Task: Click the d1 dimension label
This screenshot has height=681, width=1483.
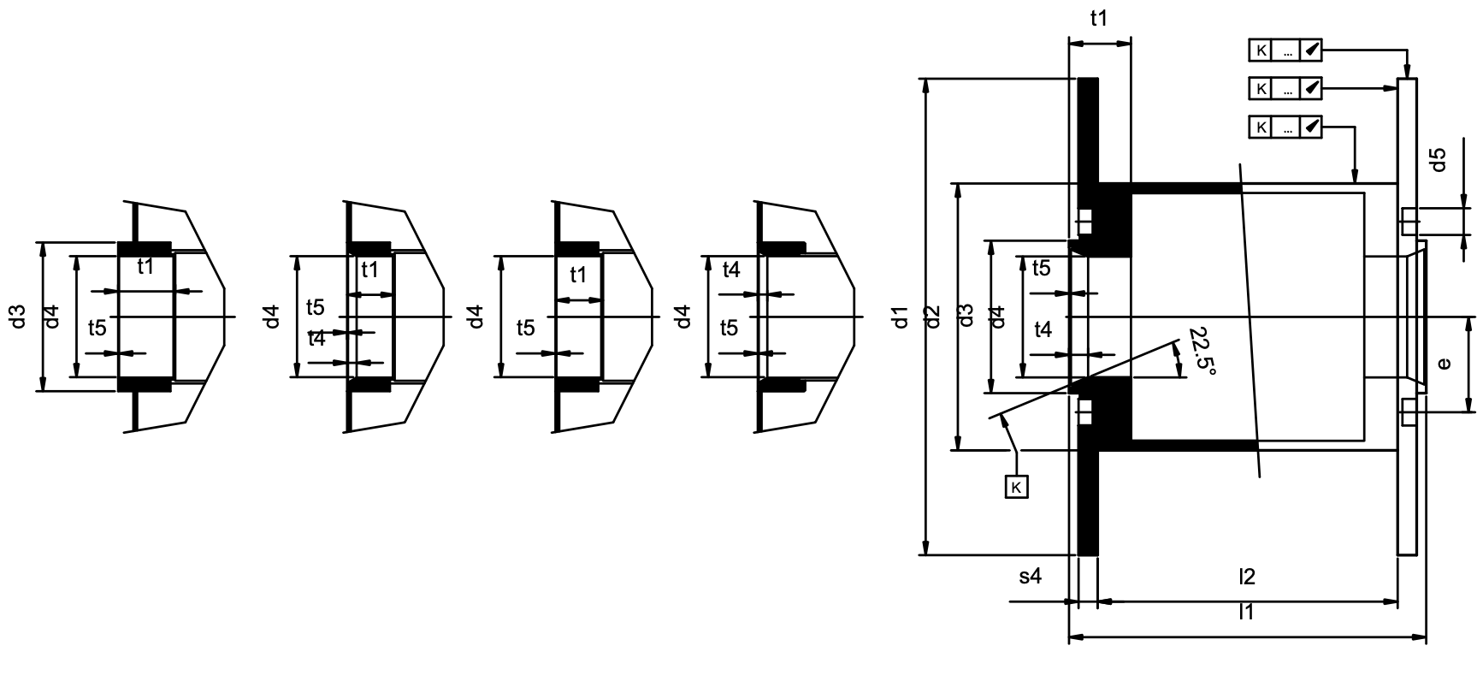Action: click(x=900, y=317)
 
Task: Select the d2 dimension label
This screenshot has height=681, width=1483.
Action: click(x=934, y=317)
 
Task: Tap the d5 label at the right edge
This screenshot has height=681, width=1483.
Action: click(x=1439, y=159)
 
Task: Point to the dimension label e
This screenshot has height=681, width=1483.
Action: click(x=1445, y=364)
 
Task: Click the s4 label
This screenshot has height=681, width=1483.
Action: click(x=1031, y=577)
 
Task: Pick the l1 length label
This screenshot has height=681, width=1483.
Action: click(x=1246, y=612)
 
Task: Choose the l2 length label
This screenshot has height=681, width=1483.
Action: click(x=1246, y=577)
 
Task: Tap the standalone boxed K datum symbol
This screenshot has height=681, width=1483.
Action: click(x=1016, y=487)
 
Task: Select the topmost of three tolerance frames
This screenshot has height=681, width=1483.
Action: click(x=1285, y=50)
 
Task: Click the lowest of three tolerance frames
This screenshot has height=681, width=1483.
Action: click(x=1285, y=127)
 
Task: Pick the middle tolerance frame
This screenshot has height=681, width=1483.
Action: click(x=1285, y=88)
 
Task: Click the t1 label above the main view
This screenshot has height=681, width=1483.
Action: click(x=1099, y=18)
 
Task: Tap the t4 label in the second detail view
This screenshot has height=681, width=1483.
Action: click(x=316, y=339)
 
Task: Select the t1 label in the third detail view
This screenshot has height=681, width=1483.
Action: click(x=578, y=275)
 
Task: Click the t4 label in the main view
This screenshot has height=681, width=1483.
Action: click(x=1043, y=329)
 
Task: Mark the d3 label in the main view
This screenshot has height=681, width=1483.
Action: click(x=966, y=317)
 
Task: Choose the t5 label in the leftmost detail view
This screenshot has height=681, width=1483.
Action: click(x=97, y=327)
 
